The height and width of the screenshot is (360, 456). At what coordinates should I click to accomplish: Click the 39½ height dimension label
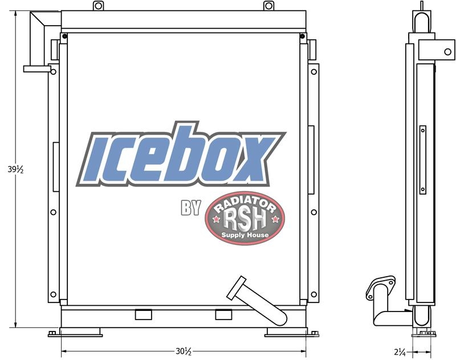[15, 169]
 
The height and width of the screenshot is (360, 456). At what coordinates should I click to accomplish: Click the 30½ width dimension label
[184, 351]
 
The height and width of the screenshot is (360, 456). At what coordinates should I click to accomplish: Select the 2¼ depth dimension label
[400, 352]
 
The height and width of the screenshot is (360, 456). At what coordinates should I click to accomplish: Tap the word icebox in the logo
[181, 154]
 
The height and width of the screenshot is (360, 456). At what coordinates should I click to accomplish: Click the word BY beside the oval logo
[191, 208]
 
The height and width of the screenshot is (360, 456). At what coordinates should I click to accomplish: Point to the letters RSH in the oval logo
[245, 220]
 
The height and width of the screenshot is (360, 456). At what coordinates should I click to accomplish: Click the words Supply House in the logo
[245, 235]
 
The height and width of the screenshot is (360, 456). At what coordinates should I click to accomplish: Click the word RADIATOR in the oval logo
[245, 204]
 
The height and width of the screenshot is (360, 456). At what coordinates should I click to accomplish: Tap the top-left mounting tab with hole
[98, 6]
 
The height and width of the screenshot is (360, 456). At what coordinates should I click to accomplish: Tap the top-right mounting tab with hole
[268, 6]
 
